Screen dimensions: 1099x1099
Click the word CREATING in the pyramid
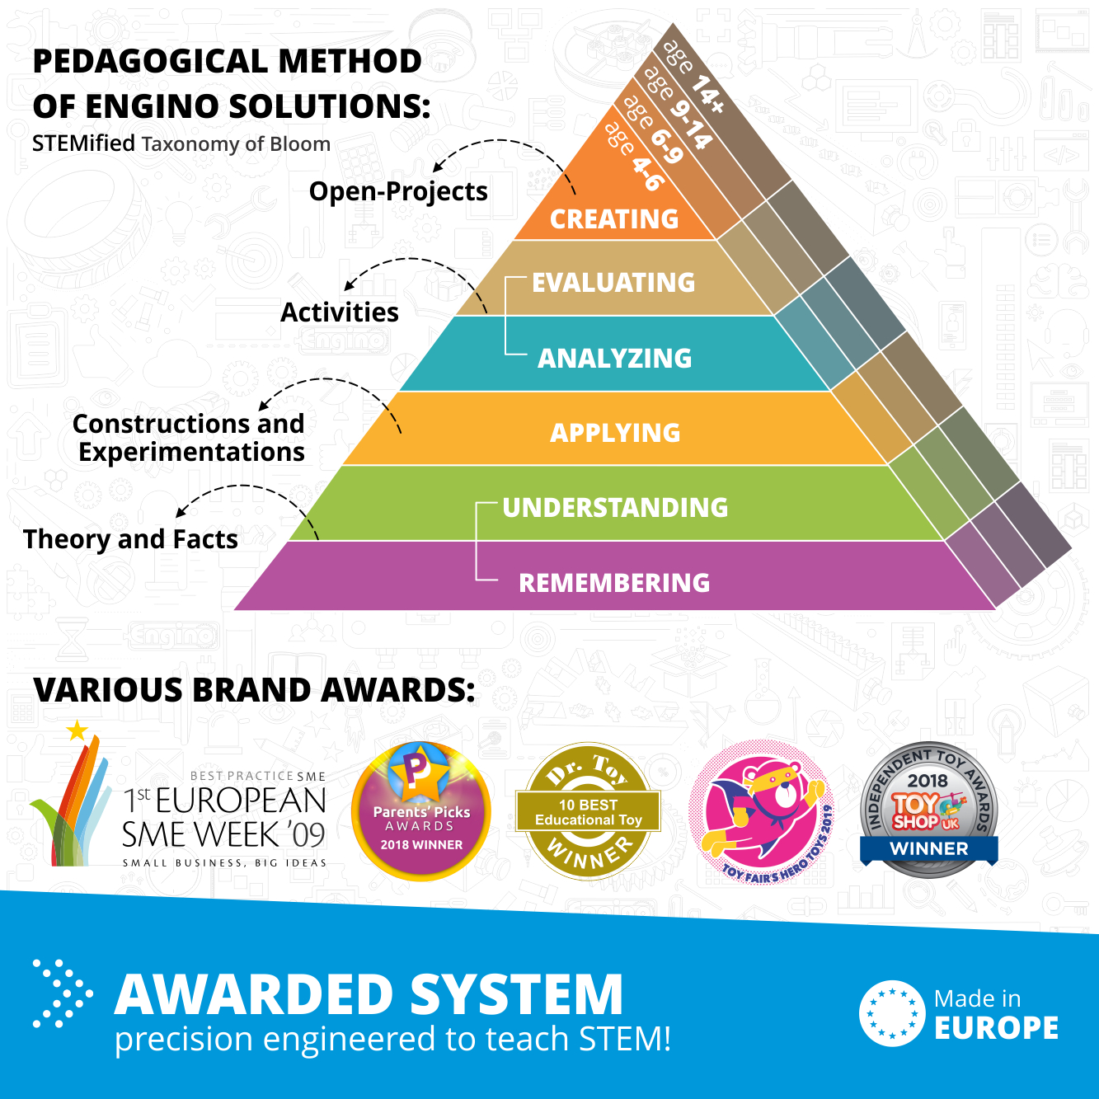pos(613,219)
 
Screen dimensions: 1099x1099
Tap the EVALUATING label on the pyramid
pos(613,282)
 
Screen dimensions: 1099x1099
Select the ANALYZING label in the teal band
pos(614,358)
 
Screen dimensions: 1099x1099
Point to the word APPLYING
pos(615,433)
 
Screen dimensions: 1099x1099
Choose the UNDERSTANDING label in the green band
pos(615,508)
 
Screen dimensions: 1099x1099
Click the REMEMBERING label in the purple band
pos(614,583)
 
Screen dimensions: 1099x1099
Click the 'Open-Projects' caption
pos(398,191)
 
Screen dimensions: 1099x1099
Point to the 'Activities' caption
pos(340,312)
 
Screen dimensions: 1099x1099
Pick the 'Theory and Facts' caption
pos(130,539)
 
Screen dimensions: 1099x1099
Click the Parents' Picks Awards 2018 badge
pos(421,811)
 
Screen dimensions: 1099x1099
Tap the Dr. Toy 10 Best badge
pos(588,810)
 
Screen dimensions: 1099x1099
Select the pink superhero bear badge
pos(762,812)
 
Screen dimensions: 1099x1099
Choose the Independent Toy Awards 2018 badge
pos(929,810)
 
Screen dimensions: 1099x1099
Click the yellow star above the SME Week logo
pos(77,730)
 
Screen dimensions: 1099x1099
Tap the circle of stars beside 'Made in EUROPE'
pos(892,1013)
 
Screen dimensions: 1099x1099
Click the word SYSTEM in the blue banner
pos(516,996)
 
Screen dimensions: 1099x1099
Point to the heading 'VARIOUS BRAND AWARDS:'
pos(254,689)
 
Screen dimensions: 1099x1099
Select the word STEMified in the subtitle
pos(83,143)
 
